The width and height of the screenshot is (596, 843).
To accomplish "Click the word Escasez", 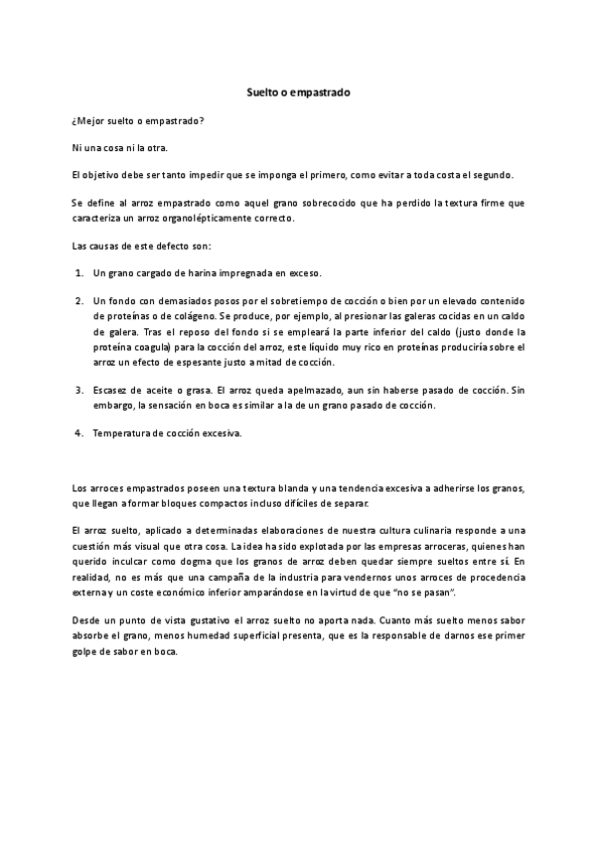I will [x=112, y=391].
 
